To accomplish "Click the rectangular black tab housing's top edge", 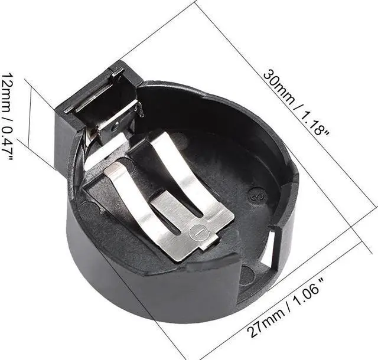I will pyautogui.click(x=94, y=89).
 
